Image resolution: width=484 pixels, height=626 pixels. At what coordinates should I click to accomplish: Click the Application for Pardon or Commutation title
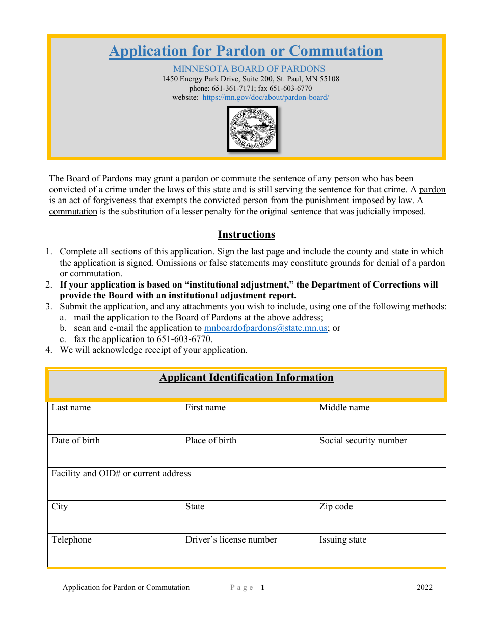pos(246,51)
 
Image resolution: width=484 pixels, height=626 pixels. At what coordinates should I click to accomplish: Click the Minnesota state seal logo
pos(253,129)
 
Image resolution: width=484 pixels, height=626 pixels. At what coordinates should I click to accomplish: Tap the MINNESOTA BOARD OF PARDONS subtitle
pos(249,69)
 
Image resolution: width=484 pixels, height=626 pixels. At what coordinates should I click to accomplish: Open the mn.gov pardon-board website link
pos(265,97)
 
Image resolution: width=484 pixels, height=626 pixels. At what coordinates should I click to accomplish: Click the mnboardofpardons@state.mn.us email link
pos(265,328)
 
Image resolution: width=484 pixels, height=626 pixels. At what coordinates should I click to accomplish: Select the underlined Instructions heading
pos(247,235)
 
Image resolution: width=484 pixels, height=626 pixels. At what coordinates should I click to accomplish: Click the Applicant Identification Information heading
pos(247,378)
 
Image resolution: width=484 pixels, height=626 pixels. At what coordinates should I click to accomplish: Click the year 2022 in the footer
pos(424,587)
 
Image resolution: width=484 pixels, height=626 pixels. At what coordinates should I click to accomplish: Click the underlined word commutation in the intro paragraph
pos(73,212)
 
